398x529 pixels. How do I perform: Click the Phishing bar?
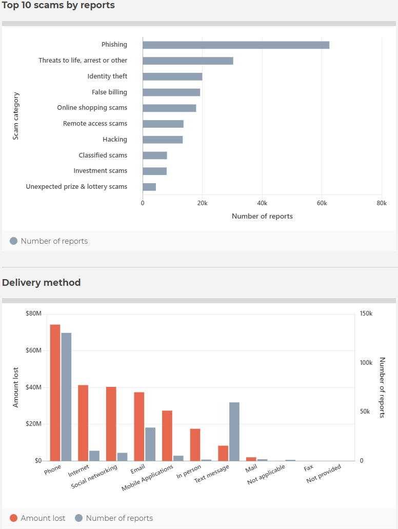click(x=236, y=45)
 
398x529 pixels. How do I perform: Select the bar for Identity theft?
click(x=172, y=76)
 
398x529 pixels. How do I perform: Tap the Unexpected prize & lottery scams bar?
click(x=149, y=187)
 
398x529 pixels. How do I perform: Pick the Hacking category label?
click(x=115, y=140)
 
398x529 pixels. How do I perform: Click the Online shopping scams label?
click(x=92, y=108)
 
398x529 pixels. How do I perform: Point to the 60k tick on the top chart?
click(x=322, y=203)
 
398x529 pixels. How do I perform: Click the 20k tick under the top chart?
click(x=203, y=203)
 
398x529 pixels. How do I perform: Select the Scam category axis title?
click(x=15, y=116)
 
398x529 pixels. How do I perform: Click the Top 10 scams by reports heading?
click(x=58, y=6)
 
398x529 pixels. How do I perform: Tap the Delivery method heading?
click(x=41, y=282)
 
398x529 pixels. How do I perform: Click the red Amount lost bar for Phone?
click(x=55, y=393)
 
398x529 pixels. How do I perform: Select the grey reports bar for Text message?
click(x=234, y=432)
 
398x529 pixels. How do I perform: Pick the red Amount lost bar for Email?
click(x=139, y=426)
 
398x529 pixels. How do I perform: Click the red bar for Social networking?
click(x=111, y=424)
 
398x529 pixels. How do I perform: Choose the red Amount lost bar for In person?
click(x=195, y=445)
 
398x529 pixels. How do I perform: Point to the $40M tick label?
click(x=33, y=387)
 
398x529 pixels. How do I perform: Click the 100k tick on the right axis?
click(x=366, y=363)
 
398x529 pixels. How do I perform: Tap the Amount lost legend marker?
click(x=13, y=518)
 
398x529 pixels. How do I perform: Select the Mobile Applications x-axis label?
click(x=147, y=477)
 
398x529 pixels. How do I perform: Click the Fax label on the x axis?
click(x=309, y=468)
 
